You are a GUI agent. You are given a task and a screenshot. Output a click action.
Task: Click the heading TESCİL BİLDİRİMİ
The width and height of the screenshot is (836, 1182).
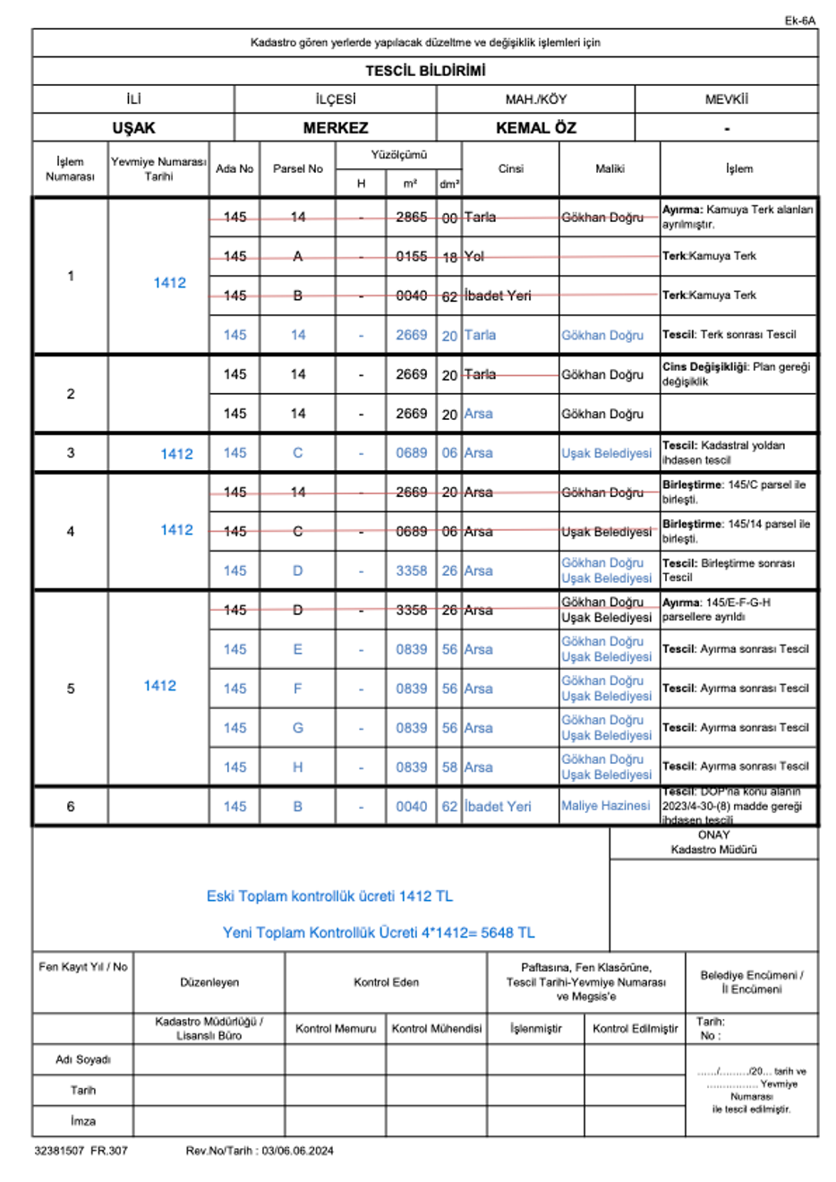[x=425, y=71]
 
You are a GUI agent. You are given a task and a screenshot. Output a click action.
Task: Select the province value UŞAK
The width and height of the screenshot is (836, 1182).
[x=133, y=128]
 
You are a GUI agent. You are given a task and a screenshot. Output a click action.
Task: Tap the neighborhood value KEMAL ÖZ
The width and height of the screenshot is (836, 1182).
[x=535, y=128]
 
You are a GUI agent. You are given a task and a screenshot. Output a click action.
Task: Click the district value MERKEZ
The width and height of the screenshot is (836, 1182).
[x=336, y=128]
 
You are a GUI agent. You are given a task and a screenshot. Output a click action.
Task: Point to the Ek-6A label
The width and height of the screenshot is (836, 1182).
[x=799, y=21]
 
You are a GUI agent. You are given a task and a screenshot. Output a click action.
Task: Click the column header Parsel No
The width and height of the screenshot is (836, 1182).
[x=297, y=168]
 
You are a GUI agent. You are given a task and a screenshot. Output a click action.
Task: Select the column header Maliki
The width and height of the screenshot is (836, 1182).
[x=610, y=168]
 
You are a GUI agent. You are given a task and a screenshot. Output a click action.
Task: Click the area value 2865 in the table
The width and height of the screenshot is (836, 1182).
[x=412, y=217]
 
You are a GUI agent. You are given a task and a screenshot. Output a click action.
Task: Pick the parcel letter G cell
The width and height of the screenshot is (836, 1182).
[x=298, y=728]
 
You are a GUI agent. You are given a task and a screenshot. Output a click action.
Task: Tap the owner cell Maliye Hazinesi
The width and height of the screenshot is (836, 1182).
[x=605, y=806]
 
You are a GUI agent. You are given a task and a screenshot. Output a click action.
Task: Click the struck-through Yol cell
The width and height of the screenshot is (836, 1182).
[x=474, y=256]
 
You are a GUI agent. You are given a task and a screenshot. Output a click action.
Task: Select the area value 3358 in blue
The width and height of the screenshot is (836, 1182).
[x=412, y=570]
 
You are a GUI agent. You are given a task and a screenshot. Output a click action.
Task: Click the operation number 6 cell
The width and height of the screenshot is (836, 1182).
[x=71, y=806]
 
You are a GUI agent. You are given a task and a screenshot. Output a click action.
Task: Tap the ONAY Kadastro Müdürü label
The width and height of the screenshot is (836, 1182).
[x=713, y=842]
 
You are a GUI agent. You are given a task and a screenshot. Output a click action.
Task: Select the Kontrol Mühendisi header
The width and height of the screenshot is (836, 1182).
[x=437, y=1029]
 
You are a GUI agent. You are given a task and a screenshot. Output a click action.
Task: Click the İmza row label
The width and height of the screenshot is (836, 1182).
[x=82, y=1121]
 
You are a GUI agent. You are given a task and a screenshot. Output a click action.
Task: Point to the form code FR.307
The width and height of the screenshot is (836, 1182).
[x=109, y=1151]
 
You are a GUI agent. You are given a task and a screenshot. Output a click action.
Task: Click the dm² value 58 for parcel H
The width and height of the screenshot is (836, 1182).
[x=449, y=767]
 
